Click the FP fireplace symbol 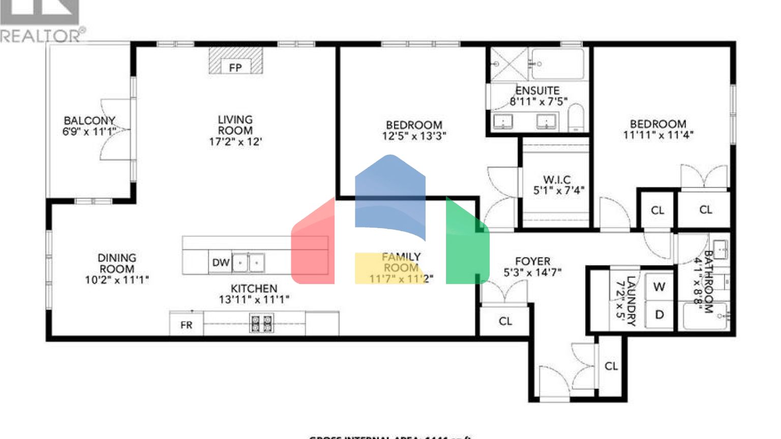(235, 67)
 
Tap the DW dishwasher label (221, 263)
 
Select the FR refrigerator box (187, 325)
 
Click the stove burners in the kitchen (261, 323)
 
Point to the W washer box (659, 287)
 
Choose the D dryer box (659, 315)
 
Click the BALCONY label (89, 120)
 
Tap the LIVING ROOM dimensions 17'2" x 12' (235, 142)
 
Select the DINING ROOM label (117, 263)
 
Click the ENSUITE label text (537, 90)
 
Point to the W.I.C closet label (557, 179)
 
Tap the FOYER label (532, 261)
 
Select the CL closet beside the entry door (611, 366)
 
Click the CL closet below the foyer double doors (505, 321)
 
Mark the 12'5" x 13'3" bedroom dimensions (414, 136)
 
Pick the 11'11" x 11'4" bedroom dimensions (658, 135)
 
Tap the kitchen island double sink (249, 263)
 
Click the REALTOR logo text (41, 36)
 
